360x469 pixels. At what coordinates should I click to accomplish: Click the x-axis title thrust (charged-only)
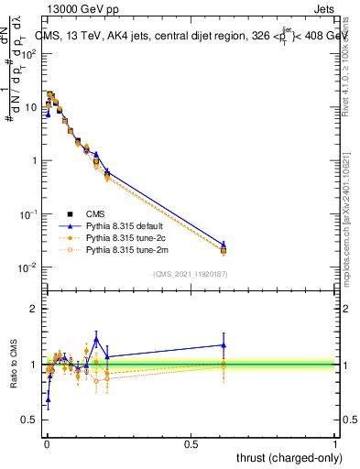pyautogui.click(x=286, y=457)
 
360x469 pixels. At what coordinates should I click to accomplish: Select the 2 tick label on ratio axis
pyautogui.click(x=34, y=309)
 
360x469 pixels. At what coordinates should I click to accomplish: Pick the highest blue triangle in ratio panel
pyautogui.click(x=96, y=339)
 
